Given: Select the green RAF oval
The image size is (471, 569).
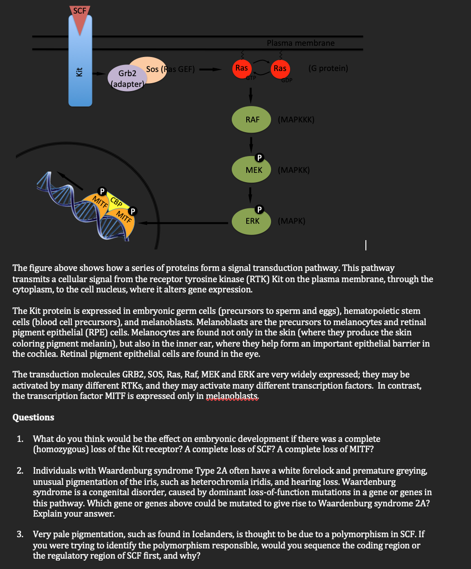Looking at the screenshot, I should (x=252, y=120).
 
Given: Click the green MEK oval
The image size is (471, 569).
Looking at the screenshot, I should (x=252, y=170).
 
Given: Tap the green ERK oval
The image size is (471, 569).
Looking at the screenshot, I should (x=252, y=220).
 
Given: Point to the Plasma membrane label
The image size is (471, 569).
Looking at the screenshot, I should (x=300, y=43).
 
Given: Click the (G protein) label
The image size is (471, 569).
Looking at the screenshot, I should (x=328, y=68).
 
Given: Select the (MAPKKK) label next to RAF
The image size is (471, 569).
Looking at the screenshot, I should (x=296, y=120).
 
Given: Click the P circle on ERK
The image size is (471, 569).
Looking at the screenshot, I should (x=260, y=208).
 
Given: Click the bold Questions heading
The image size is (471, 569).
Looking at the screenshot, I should (x=33, y=417).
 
